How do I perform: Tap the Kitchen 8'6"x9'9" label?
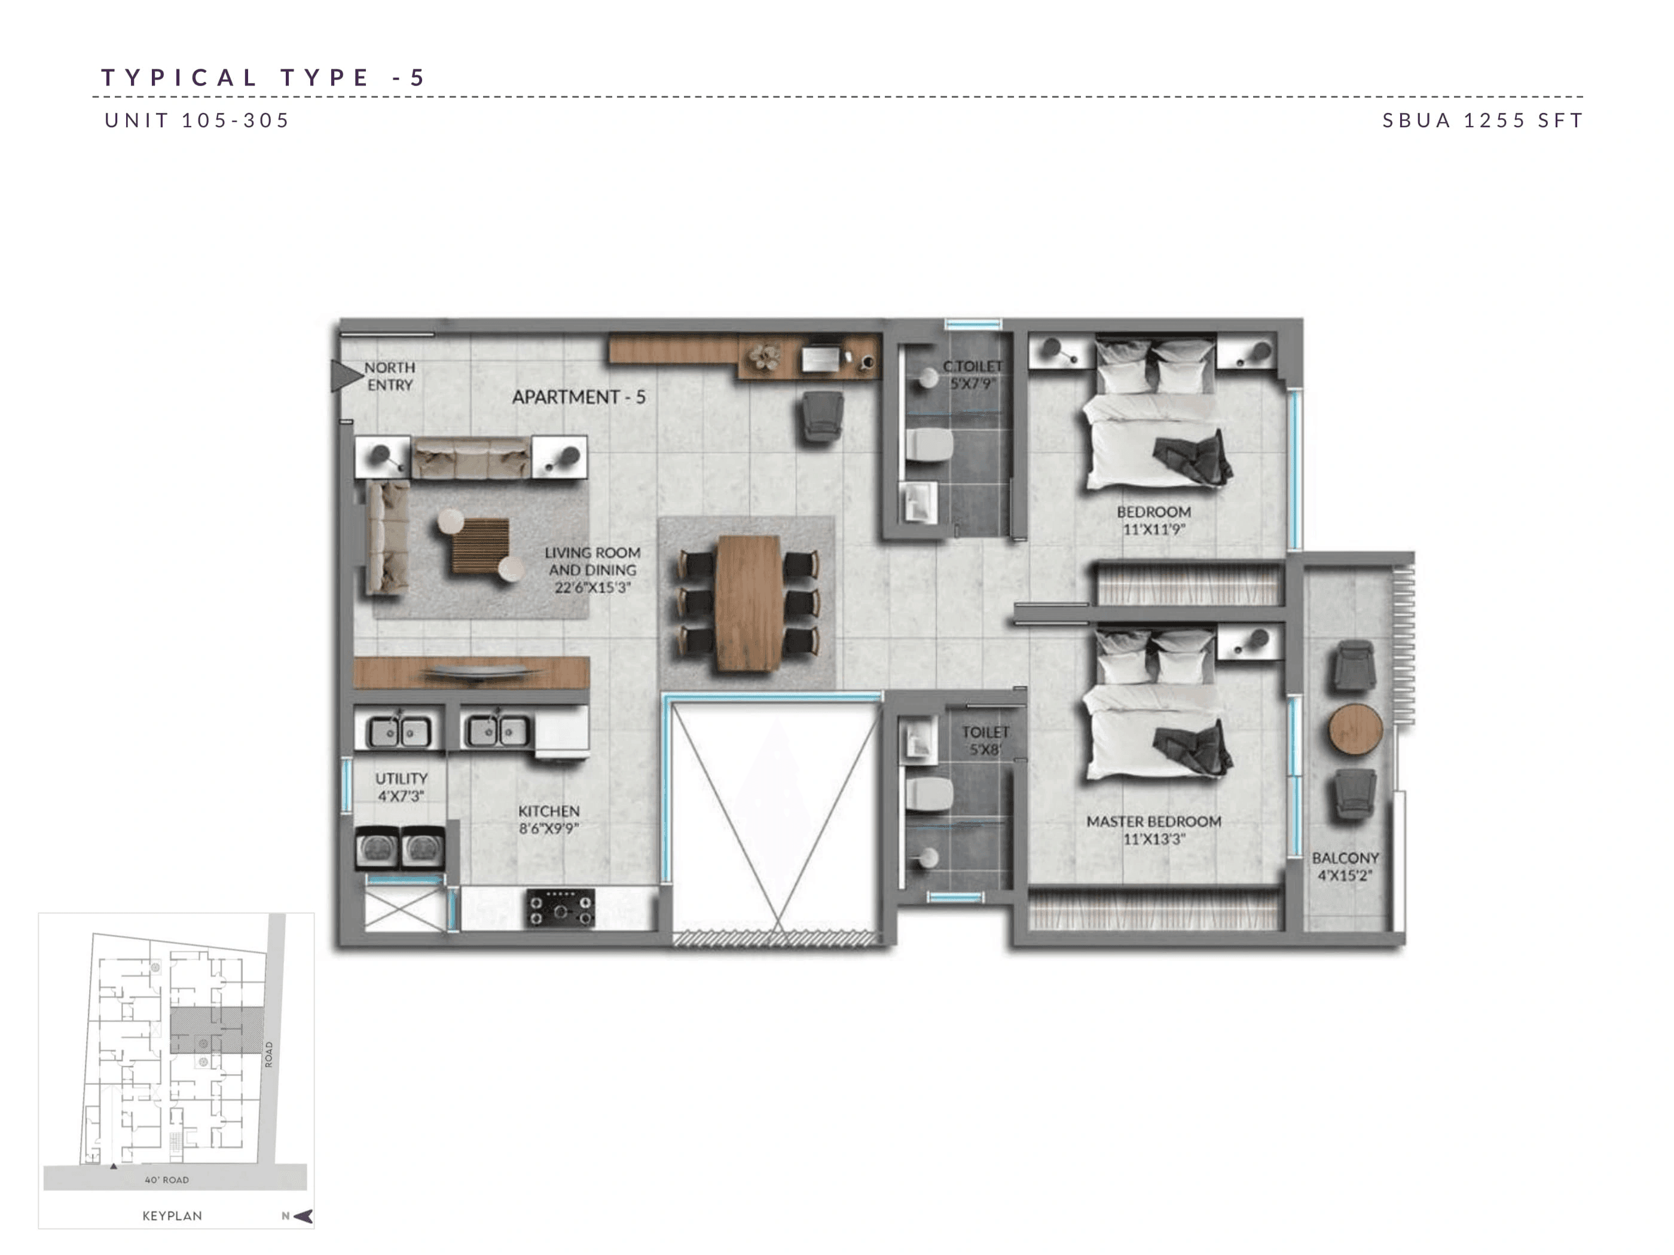pos(549,819)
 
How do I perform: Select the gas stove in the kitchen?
pos(561,908)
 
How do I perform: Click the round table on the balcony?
pos(1355,729)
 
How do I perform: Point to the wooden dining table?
pos(749,603)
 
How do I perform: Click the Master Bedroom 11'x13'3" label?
pos(1153,829)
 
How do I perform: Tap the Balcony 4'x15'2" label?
pos(1345,866)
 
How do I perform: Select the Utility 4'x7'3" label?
pos(401,786)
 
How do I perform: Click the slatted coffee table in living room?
pos(481,546)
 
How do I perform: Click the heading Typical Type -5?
pos(264,77)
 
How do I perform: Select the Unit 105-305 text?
pos(197,120)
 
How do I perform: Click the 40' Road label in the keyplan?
pos(166,1179)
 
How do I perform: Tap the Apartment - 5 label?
pos(578,397)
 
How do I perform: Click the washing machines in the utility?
pos(399,848)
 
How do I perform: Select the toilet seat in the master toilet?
pos(928,794)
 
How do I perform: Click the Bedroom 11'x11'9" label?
pos(1153,521)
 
